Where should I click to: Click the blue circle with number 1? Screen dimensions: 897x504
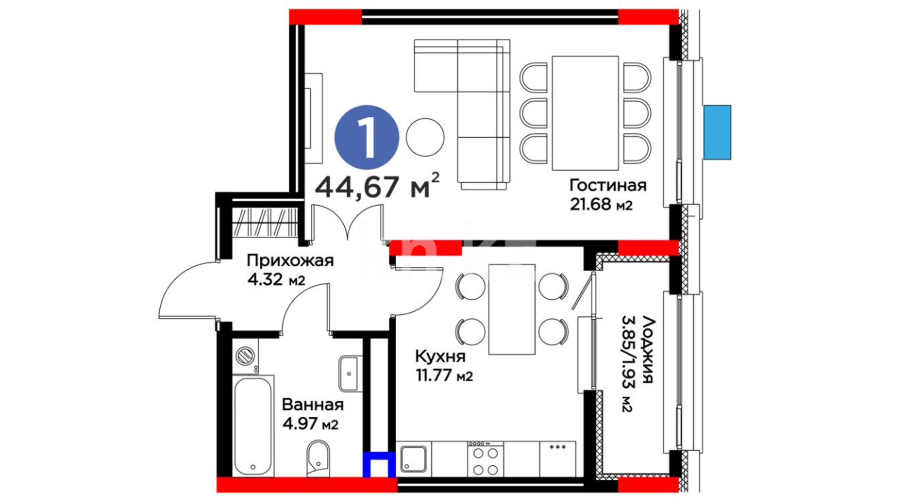[x=367, y=137]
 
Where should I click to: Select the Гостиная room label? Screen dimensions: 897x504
[x=608, y=185]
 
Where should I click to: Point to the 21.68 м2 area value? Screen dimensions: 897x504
[x=601, y=204]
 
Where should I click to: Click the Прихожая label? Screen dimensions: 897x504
[x=290, y=260]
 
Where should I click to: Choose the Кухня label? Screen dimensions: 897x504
[x=440, y=357]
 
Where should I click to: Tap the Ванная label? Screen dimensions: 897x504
[x=313, y=405]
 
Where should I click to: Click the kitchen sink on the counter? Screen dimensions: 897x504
[x=413, y=460]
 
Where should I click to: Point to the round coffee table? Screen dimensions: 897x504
[x=425, y=137]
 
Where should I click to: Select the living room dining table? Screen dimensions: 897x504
[x=585, y=113]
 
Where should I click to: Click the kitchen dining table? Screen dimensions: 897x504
[x=512, y=309]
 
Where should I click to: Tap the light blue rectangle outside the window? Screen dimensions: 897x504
[x=717, y=132]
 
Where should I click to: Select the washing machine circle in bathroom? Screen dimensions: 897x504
[x=244, y=356]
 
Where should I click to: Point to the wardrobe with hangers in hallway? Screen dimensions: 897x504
[x=264, y=223]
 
